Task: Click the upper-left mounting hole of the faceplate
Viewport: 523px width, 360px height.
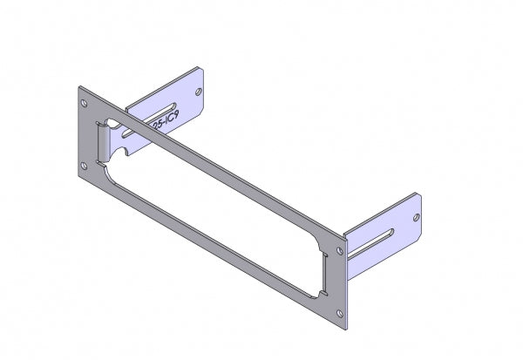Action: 85,99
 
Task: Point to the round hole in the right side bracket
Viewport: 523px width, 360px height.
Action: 415,214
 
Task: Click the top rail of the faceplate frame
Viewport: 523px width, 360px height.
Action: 218,166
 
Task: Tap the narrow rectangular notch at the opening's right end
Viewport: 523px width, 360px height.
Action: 323,262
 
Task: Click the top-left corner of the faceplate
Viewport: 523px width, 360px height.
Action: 78,86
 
